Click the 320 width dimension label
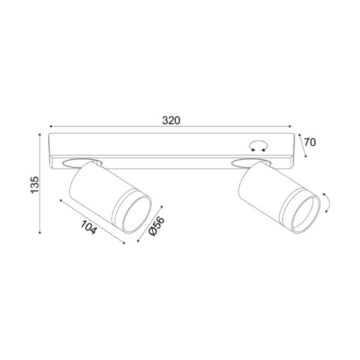coord(171,120)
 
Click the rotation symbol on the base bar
coord(259,144)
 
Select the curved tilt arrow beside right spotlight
coord(326,203)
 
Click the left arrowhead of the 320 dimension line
coord(51,127)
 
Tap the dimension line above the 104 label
coord(92,220)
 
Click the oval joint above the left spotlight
coord(80,161)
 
